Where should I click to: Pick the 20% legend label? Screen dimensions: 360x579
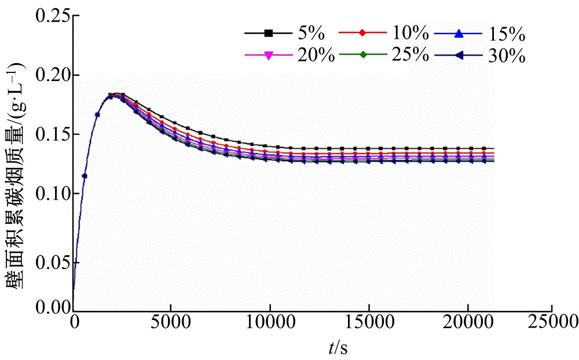click(316, 56)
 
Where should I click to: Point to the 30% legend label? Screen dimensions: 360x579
click(507, 56)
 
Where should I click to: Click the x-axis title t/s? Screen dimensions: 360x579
click(338, 347)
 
